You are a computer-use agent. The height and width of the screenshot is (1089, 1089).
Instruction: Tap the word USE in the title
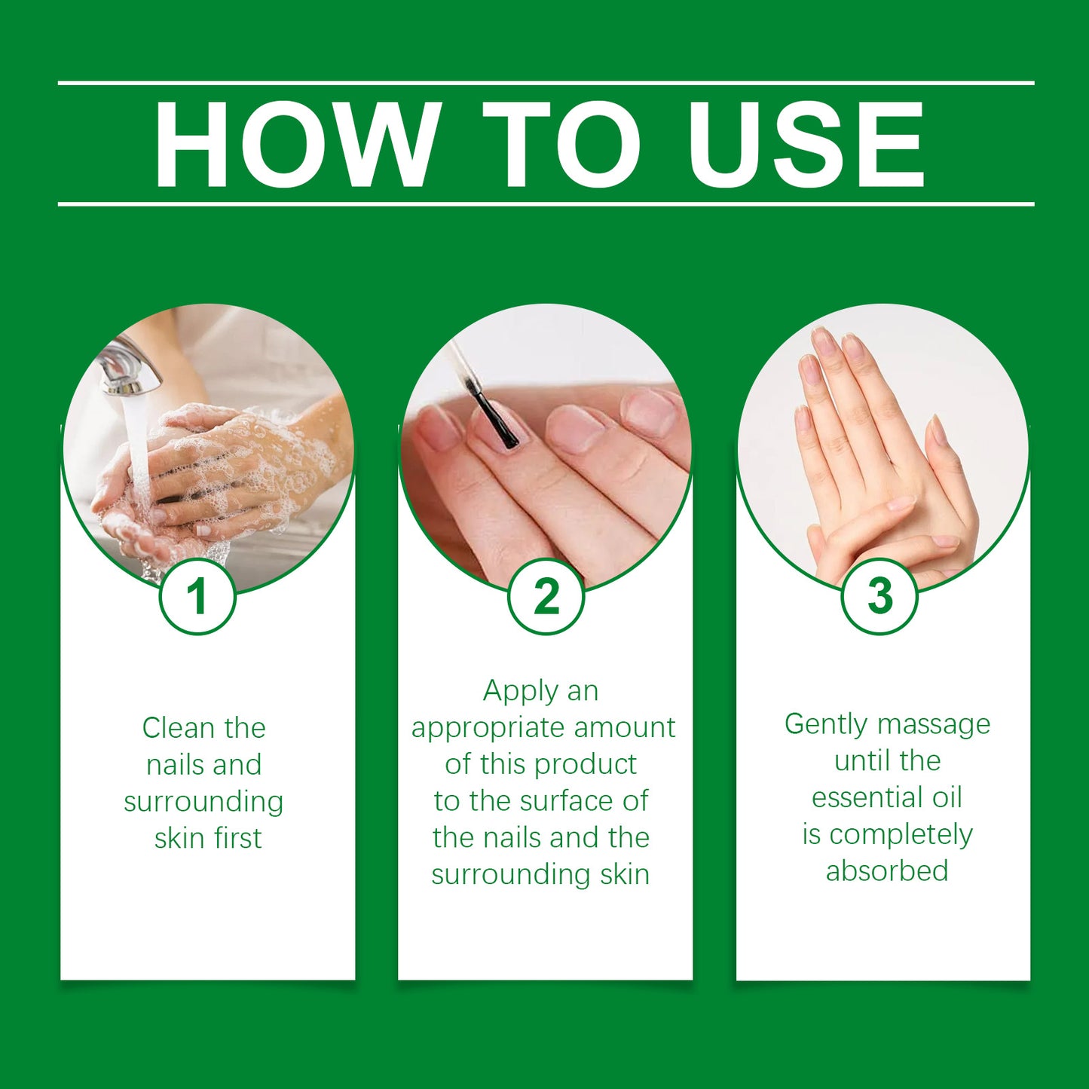806,144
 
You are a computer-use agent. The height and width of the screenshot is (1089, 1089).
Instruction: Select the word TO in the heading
561,144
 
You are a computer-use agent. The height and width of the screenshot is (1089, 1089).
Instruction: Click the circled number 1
197,597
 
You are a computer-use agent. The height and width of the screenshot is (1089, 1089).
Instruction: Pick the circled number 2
546,597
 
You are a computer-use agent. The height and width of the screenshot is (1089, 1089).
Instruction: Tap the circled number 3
879,597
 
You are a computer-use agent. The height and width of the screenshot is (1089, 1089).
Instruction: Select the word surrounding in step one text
203,802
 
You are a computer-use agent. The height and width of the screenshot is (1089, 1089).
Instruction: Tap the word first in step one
237,838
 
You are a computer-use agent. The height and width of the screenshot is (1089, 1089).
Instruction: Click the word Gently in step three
826,725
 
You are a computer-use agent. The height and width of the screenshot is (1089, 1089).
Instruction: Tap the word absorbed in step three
887,871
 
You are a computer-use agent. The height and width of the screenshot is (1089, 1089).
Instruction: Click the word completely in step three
901,835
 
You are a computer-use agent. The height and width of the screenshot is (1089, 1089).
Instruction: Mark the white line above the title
546,82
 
